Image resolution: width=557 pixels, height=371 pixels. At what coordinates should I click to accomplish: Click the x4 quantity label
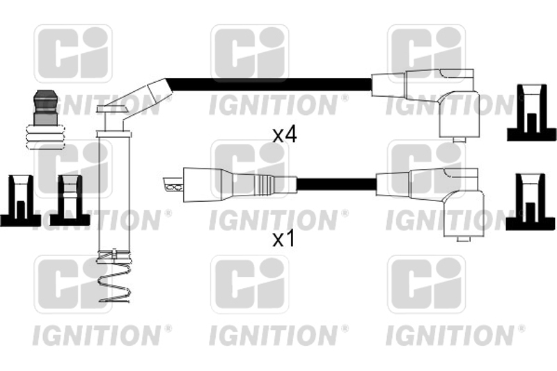tap(284, 135)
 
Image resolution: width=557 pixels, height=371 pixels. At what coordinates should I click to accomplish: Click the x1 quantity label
tap(283, 239)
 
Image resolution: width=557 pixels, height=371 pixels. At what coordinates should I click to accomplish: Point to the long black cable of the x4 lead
tap(271, 85)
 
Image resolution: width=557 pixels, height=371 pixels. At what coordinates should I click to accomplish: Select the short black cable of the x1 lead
tap(336, 184)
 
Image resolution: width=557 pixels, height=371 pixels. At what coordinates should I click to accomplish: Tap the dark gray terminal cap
tap(45, 108)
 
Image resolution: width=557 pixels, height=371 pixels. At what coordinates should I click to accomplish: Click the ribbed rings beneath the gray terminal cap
tap(45, 136)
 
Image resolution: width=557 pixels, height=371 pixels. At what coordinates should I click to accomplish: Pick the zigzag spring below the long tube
tap(114, 277)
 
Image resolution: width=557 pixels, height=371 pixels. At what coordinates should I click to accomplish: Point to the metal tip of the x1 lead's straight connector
tap(173, 184)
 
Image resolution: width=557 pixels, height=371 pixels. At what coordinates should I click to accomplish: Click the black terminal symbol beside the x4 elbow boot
tap(531, 113)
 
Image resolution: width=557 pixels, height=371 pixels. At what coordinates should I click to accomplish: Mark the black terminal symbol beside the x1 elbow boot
tap(531, 202)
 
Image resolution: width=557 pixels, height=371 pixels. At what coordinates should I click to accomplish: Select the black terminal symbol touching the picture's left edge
tap(20, 200)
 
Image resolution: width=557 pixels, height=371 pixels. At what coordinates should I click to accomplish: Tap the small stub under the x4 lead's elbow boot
tap(460, 139)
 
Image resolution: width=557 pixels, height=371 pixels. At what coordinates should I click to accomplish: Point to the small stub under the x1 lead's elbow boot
tap(463, 239)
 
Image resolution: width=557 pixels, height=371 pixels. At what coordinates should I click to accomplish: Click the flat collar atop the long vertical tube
tap(114, 134)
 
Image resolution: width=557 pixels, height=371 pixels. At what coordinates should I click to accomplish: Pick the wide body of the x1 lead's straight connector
tap(206, 184)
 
